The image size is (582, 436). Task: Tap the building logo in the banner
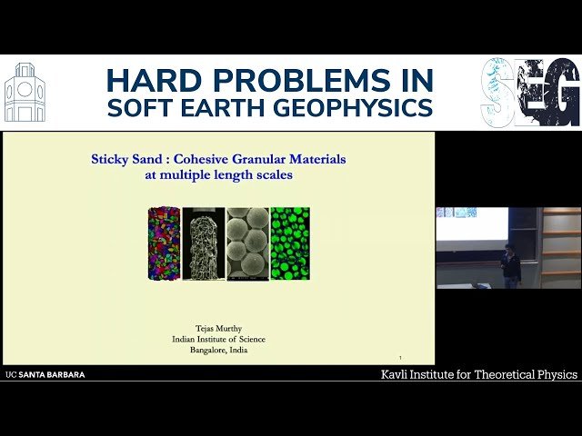point(25,93)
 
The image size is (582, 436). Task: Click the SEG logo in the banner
point(530,93)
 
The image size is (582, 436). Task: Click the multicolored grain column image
point(164,242)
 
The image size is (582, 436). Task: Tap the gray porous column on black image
point(204,242)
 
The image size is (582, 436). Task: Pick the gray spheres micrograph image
point(246,242)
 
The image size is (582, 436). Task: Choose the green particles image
point(289,242)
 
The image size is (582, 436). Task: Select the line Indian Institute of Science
point(218,340)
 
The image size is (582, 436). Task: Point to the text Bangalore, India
point(218,351)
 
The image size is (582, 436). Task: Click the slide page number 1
point(400,357)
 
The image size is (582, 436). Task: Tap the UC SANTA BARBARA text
point(45,374)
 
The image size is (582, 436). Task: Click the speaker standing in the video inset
point(511,265)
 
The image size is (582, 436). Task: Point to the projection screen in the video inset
point(471,223)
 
